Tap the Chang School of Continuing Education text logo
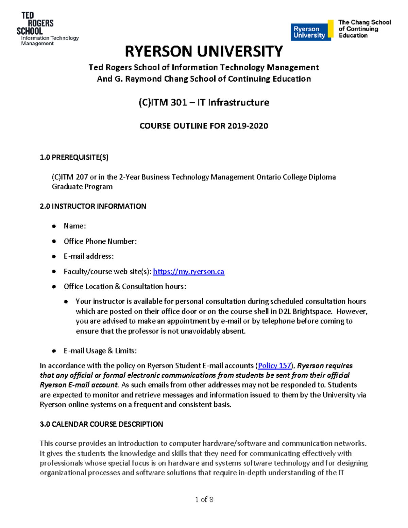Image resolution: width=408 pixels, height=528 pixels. tap(364, 29)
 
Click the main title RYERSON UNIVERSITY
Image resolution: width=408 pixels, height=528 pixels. tap(204, 52)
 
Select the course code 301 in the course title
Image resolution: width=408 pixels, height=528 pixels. tap(179, 102)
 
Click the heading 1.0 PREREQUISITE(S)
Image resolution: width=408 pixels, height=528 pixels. tap(74, 157)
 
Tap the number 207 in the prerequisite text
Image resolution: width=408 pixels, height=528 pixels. tap(82, 177)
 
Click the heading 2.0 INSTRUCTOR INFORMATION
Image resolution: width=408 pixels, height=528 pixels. tap(93, 206)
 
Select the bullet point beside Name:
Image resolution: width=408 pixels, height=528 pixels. tap(54, 226)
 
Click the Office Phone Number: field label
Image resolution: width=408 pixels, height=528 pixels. tap(100, 241)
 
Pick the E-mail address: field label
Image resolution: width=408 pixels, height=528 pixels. tap(88, 256)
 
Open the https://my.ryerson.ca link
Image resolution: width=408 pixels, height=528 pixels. tap(188, 271)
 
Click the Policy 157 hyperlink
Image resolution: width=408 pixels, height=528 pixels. tap(274, 365)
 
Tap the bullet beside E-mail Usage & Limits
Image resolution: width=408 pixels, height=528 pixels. tap(54, 351)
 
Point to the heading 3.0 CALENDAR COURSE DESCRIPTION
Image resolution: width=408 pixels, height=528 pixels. tap(101, 424)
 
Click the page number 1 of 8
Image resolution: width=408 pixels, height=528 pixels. tap(204, 499)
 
